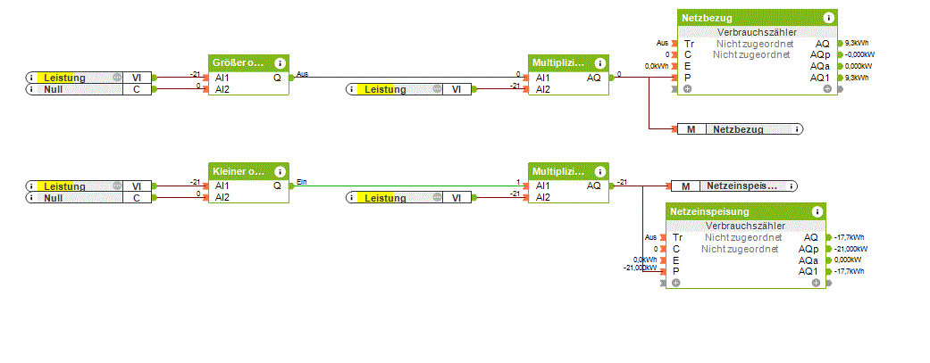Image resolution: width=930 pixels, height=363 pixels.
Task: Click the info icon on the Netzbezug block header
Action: (829, 17)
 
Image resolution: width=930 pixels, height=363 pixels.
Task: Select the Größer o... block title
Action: (238, 62)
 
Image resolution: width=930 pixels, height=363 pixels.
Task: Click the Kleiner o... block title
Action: (238, 170)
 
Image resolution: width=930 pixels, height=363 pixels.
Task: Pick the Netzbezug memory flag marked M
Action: (691, 129)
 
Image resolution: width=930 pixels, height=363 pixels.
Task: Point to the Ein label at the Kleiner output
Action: (301, 182)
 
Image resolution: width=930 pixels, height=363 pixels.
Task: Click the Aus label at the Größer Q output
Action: (302, 74)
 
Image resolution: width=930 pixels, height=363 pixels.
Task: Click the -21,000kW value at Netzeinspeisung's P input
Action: (640, 268)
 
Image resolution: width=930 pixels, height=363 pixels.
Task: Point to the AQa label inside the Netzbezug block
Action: (819, 66)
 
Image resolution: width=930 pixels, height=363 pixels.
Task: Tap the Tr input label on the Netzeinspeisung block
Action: (677, 237)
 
